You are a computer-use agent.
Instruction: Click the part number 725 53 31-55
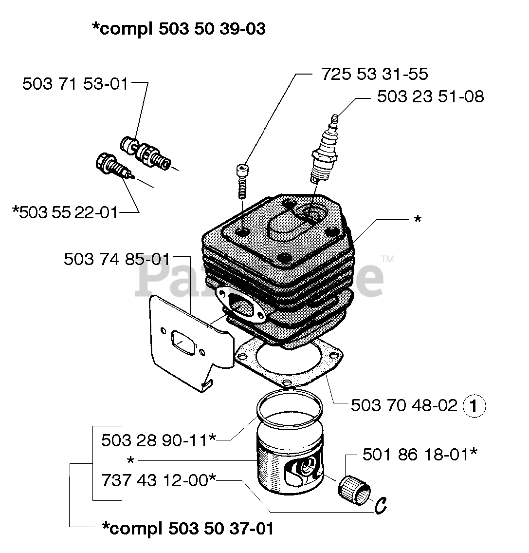(374, 74)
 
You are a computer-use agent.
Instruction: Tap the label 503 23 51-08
(430, 96)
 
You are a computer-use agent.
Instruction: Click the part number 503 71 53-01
(75, 84)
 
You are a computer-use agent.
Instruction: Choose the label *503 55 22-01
(65, 212)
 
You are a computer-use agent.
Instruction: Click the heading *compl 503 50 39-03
(179, 29)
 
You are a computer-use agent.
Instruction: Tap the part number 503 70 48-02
(404, 405)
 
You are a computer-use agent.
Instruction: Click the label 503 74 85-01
(117, 259)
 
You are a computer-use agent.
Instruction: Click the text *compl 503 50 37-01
(188, 528)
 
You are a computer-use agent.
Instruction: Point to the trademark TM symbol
(387, 259)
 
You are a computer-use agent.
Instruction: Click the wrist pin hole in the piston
(307, 470)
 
